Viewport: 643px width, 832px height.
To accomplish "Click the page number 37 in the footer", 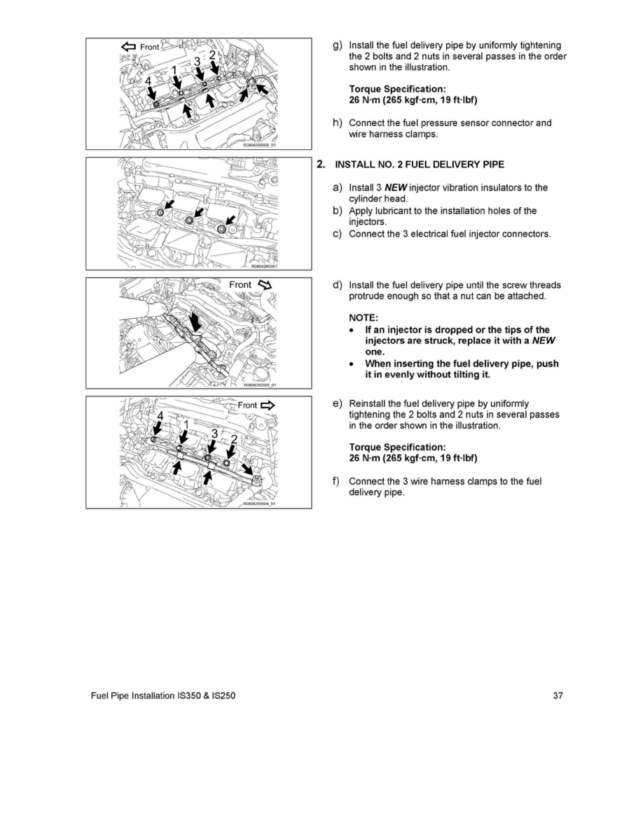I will coord(558,695).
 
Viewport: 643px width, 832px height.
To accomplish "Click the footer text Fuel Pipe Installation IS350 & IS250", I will coord(158,695).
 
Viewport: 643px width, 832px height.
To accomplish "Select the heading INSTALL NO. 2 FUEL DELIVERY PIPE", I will coord(420,165).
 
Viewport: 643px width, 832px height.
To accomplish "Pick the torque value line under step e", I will coord(413,459).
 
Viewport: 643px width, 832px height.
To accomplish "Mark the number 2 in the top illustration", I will coord(213,55).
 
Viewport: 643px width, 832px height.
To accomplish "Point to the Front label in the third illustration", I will coord(240,284).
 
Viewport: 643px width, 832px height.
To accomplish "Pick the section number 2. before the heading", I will coord(321,165).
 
